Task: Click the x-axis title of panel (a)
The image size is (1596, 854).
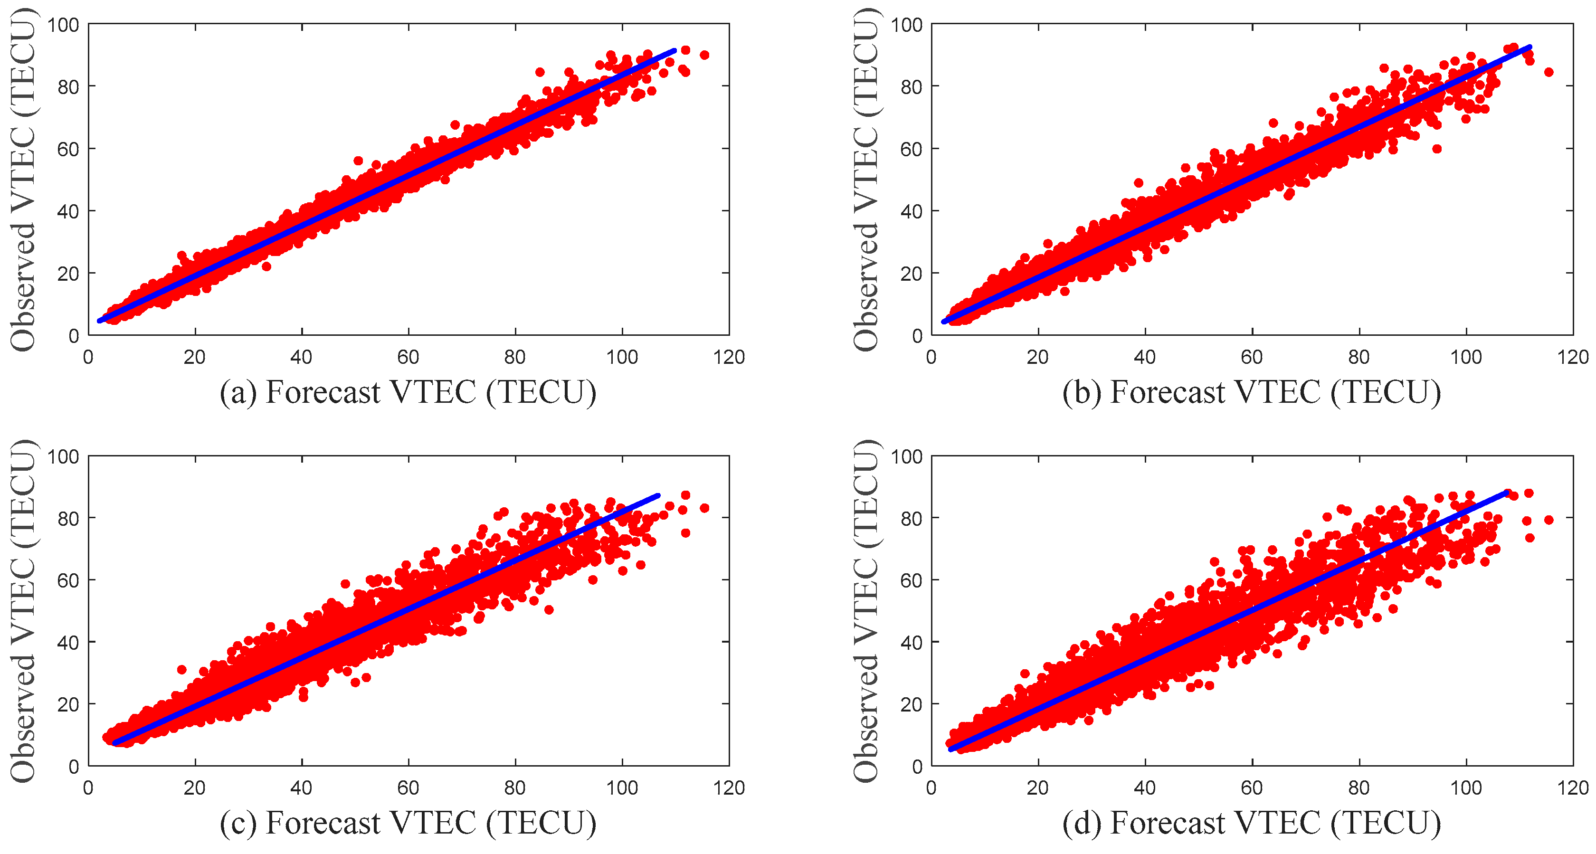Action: click(x=408, y=392)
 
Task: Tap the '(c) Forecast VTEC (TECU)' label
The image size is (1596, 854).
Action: click(x=408, y=823)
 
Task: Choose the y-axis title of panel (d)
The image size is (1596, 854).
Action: click(x=866, y=610)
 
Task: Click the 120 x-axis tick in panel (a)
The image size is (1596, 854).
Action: click(x=729, y=357)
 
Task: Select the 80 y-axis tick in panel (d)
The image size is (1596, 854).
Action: click(x=911, y=518)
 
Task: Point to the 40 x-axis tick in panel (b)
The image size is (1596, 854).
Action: click(x=1145, y=357)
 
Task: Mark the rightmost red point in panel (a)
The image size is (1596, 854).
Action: click(x=704, y=55)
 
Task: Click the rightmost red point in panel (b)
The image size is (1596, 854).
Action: click(x=1548, y=72)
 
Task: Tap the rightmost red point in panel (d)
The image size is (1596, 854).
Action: click(x=1548, y=520)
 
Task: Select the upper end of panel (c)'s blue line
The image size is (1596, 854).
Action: click(x=658, y=496)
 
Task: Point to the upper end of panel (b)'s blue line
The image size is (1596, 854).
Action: click(x=1529, y=47)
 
